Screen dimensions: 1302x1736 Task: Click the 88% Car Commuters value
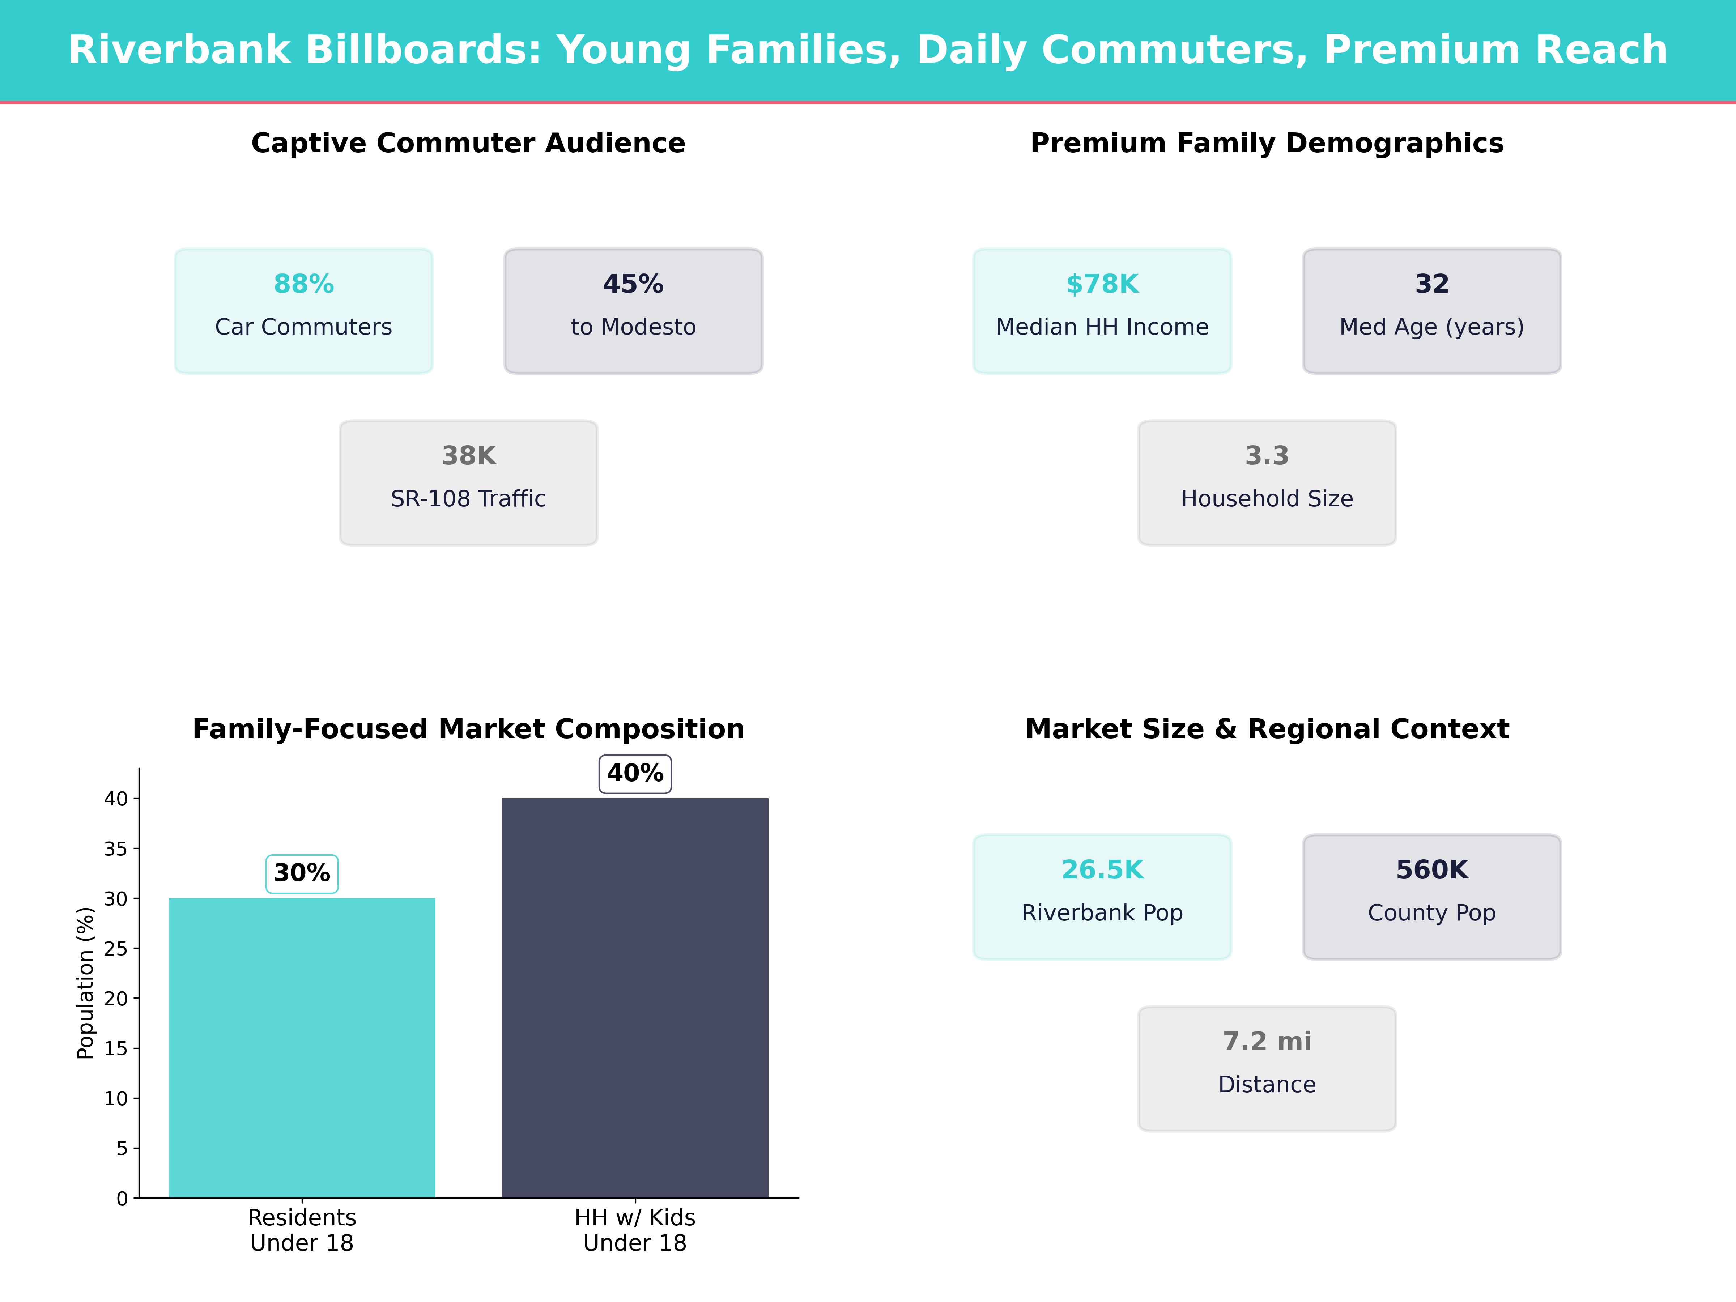[x=304, y=284]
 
